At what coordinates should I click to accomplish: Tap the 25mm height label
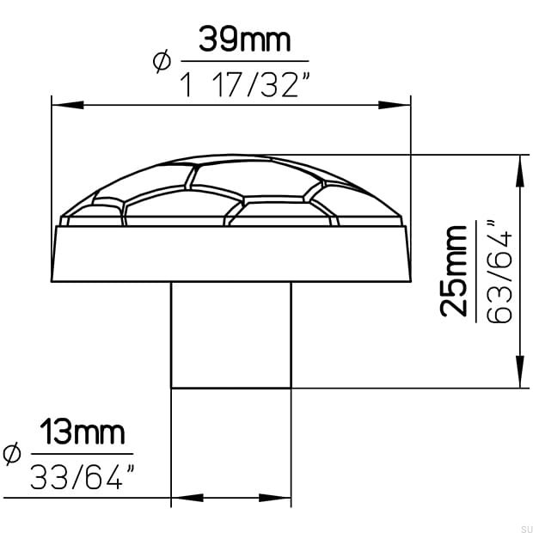tap(453, 271)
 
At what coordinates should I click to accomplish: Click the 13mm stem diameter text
tap(82, 432)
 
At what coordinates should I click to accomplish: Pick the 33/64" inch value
tap(83, 476)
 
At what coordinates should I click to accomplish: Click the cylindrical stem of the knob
tap(230, 335)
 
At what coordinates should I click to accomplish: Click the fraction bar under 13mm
tap(82, 455)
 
